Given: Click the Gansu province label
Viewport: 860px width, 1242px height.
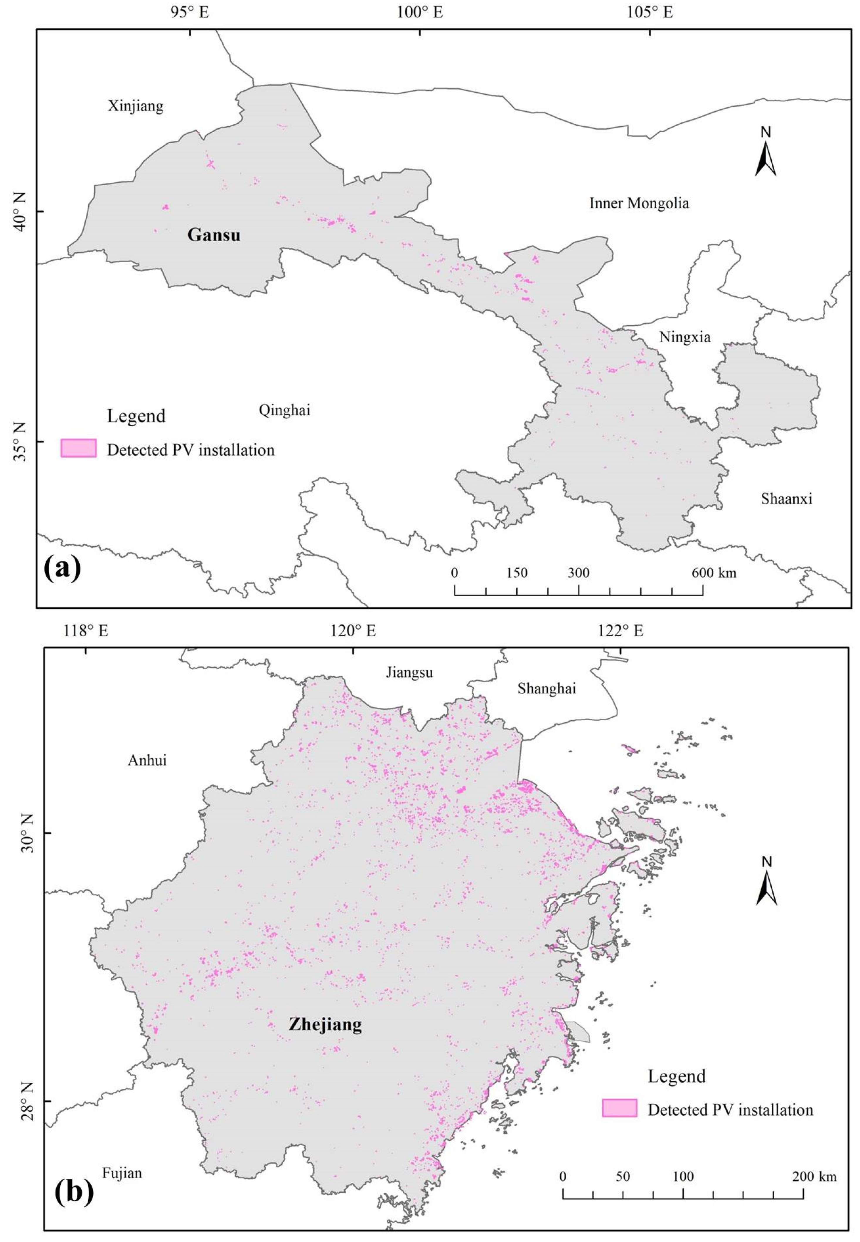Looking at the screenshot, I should click(x=214, y=235).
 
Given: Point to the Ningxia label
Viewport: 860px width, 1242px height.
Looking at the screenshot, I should click(x=685, y=337).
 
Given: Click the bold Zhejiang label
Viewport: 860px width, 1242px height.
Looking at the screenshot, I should click(x=325, y=1024).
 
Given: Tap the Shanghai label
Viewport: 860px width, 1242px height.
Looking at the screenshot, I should click(x=547, y=689).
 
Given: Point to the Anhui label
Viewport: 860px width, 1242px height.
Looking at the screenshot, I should click(x=147, y=761).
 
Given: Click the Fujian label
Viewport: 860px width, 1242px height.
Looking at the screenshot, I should click(x=122, y=1173).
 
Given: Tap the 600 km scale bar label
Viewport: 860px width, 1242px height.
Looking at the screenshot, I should click(x=714, y=573).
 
